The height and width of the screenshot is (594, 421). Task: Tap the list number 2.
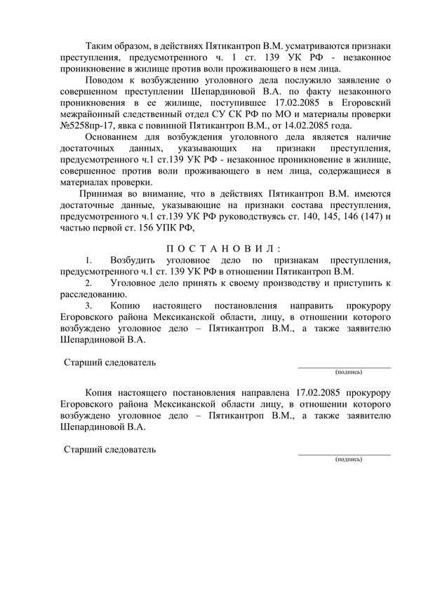pos(88,283)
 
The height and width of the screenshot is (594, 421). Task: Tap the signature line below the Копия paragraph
pos(344,454)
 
